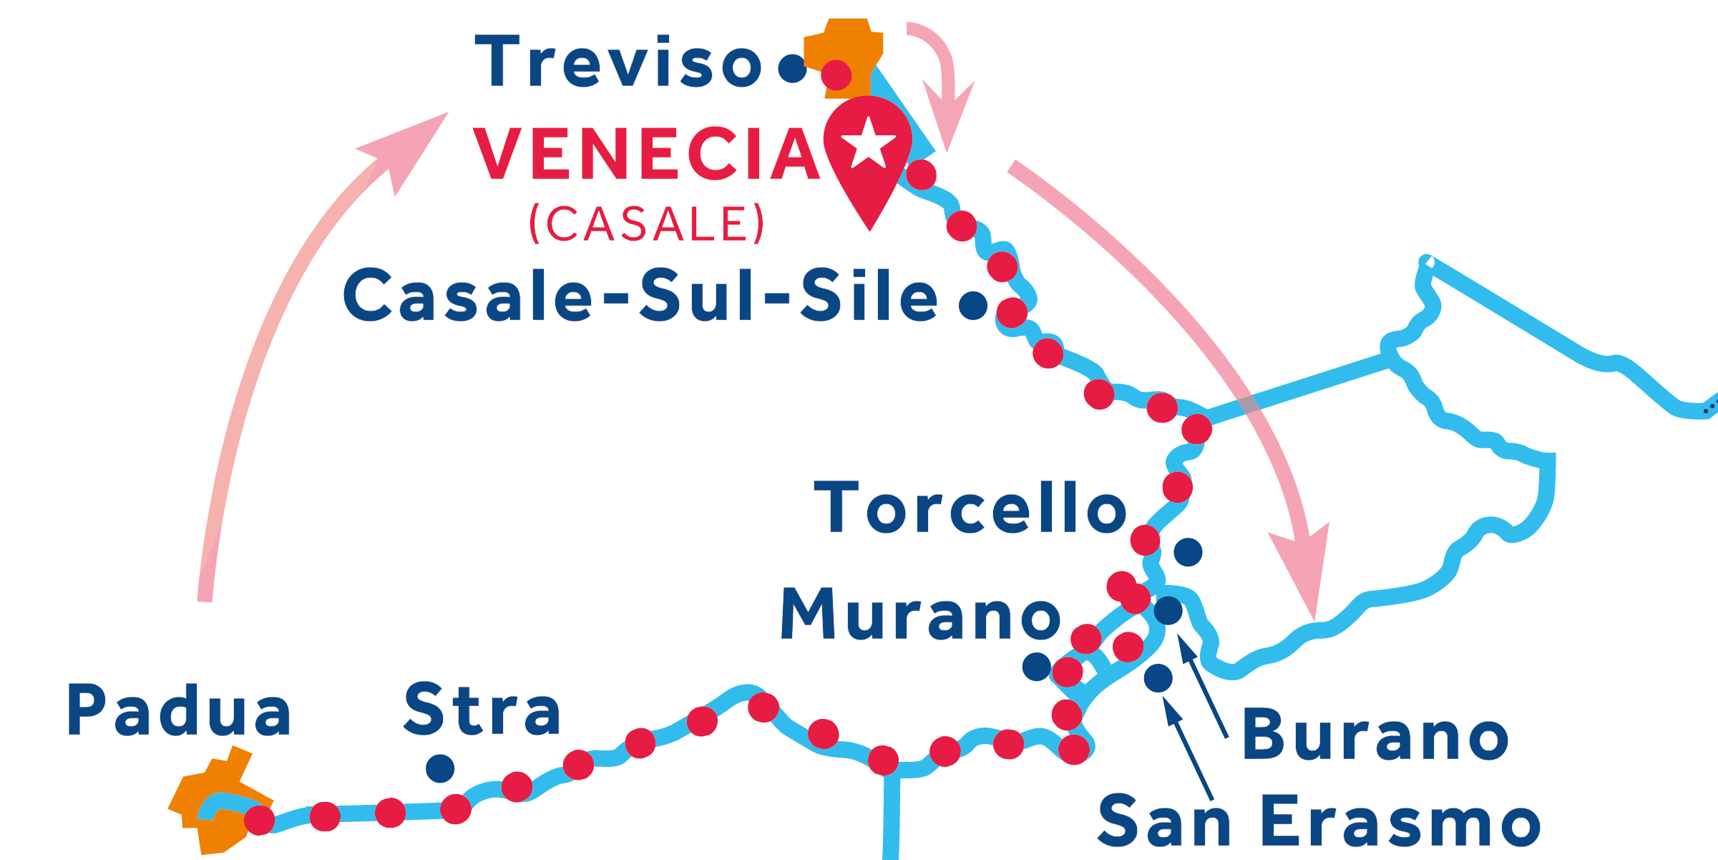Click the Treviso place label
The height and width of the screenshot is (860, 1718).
pos(619,62)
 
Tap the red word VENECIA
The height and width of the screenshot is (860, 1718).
pos(646,155)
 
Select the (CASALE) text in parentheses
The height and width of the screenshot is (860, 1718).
pos(647,223)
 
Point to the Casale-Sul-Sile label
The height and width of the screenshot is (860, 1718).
pos(640,296)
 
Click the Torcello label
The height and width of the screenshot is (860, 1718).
pos(970,508)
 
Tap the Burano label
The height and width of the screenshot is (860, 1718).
pos(1375,735)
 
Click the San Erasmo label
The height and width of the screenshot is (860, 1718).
pos(1319,822)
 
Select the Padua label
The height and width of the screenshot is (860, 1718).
pos(179,710)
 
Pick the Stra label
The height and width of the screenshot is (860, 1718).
pos(482,710)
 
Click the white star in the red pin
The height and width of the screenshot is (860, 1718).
pos(869,142)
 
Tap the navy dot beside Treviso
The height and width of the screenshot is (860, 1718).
pos(793,69)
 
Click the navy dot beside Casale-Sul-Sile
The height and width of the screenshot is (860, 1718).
pos(973,305)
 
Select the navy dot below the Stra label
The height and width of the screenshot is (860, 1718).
pos(440,768)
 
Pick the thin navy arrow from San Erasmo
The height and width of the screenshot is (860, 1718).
pos(1188,748)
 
